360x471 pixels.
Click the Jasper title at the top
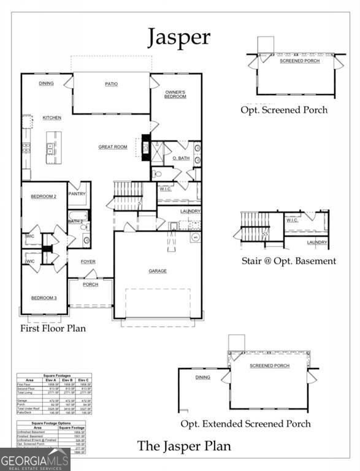178,37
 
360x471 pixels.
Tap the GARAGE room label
158,270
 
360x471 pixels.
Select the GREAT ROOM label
113,147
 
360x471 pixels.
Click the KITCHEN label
52,117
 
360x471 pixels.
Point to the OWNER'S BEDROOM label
175,94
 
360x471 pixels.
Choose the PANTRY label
78,194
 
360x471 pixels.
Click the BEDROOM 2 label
44,196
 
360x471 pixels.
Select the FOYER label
89,261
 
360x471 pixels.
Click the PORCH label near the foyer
91,285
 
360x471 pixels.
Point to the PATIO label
111,84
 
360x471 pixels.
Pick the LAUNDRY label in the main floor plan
190,212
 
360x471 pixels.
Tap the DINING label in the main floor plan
46,83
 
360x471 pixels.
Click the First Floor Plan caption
54,328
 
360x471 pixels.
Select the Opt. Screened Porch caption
284,110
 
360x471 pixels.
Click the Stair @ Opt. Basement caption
288,261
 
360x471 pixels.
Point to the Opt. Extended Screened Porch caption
245,424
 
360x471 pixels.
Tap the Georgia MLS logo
35,459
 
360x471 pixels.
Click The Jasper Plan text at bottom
184,446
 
